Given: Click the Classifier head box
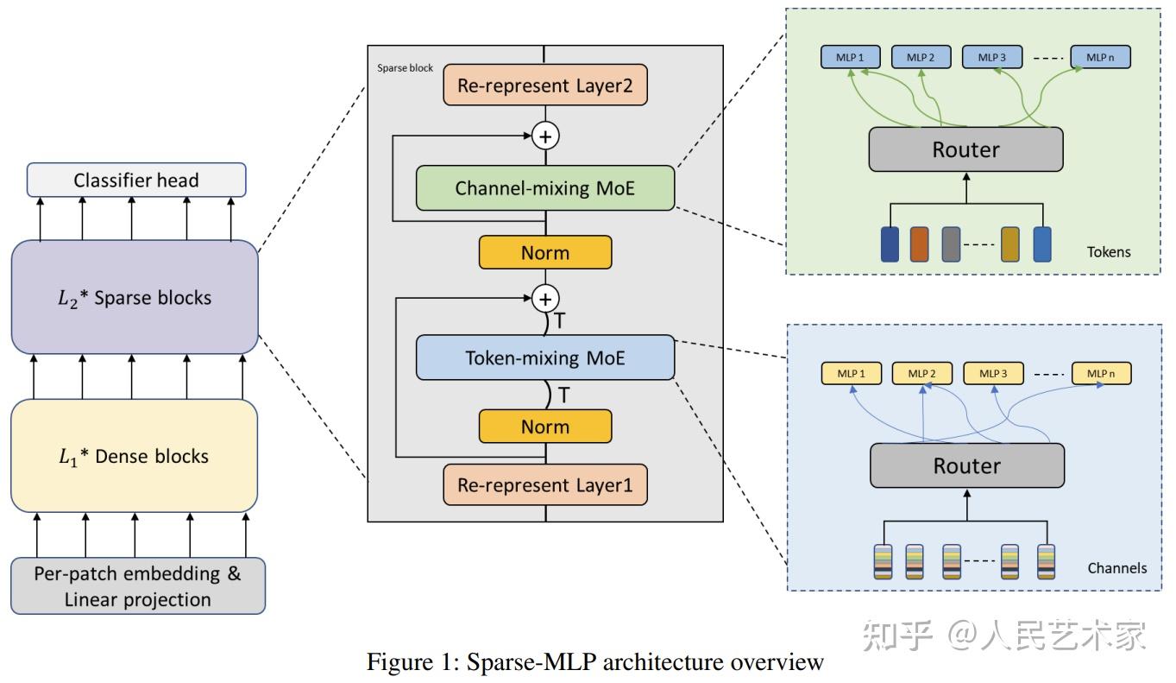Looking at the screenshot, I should (x=136, y=180).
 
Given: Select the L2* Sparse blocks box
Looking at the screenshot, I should (x=135, y=297).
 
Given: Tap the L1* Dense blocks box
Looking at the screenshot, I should (x=134, y=456).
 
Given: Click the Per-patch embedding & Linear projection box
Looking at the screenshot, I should (x=138, y=586).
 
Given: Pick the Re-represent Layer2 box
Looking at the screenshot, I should (x=544, y=86).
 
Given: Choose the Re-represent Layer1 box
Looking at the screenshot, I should (x=544, y=485).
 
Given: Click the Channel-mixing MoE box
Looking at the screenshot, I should (x=544, y=187).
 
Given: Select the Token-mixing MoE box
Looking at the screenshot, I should (x=544, y=357).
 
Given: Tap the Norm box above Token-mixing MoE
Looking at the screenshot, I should (x=544, y=253).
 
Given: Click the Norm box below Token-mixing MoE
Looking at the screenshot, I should (x=544, y=427).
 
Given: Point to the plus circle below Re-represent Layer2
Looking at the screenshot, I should (x=545, y=136).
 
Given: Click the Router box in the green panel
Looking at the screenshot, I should (x=965, y=149).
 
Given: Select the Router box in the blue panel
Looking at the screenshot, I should (x=966, y=466).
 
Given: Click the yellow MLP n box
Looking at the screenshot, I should (x=1101, y=374).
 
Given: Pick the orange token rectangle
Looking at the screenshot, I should (x=919, y=243).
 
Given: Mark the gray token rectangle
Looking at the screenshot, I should (x=951, y=243).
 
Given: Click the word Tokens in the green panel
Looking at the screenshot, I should (x=1109, y=252).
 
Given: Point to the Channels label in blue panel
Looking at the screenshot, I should (x=1116, y=568).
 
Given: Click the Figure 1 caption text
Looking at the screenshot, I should (x=595, y=662).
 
